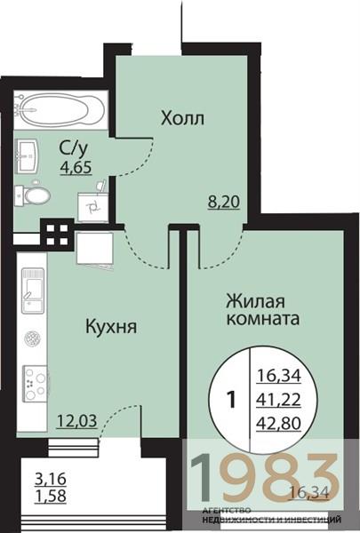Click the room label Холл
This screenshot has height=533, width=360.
181,118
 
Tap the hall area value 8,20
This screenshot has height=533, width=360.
221,202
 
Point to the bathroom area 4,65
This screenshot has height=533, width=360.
76,166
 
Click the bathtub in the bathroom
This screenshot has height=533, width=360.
56,110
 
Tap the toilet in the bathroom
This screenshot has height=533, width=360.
36,195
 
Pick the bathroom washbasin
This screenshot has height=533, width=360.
28,156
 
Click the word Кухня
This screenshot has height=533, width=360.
110,327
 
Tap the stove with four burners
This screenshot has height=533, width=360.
34,383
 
